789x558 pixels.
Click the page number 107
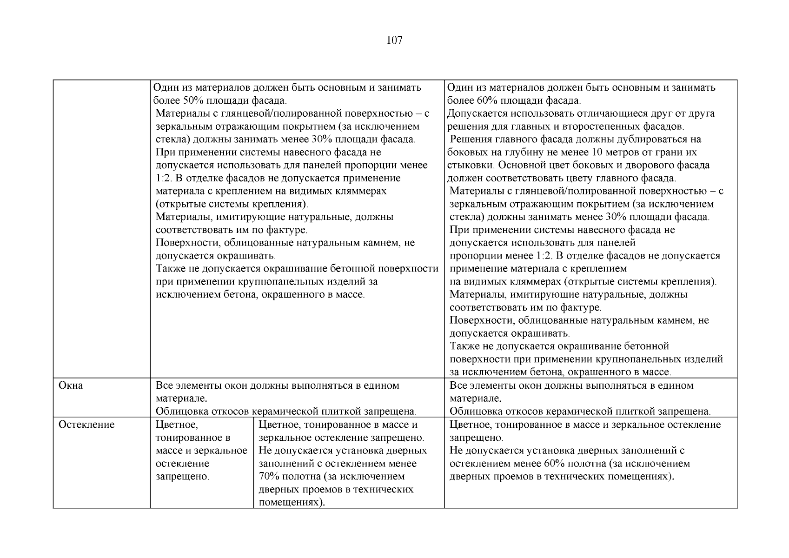394,40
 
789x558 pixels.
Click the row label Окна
71,385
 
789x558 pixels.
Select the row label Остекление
86,425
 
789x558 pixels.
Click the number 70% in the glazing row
267,477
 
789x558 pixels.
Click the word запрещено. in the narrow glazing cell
182,477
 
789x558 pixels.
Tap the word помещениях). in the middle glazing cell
292,503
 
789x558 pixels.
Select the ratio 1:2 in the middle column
163,179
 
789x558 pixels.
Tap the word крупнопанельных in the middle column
276,282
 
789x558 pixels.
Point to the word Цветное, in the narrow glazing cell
177,425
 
